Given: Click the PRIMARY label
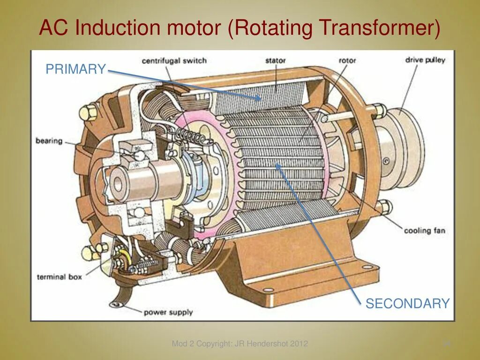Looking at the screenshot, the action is coord(75,69).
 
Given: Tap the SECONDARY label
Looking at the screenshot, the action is coord(407,303).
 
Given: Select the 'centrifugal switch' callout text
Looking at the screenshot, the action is coord(174,60).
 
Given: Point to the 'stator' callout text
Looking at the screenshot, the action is coord(275,60).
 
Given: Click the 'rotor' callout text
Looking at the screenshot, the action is coord(347,60).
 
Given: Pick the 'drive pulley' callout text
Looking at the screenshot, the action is coord(425,60).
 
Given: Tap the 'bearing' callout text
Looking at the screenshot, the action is coord(49,141).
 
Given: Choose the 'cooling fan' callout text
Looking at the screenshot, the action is coord(425,230).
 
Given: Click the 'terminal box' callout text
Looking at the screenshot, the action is coord(59,277).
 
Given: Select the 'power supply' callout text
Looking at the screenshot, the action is coord(168,312).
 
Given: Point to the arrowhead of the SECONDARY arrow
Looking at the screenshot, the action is coord(277,165).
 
